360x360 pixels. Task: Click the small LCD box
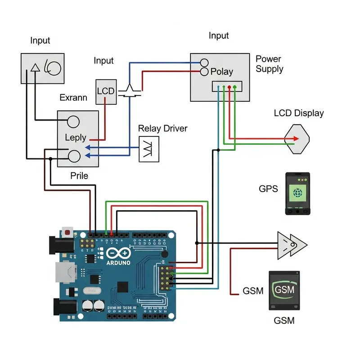[106, 91]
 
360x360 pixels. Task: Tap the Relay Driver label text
[162, 129]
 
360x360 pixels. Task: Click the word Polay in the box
[222, 72]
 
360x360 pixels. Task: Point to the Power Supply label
[269, 64]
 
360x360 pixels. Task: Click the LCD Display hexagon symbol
[297, 139]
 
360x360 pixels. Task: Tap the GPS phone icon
[297, 193]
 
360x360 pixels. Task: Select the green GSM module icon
[284, 290]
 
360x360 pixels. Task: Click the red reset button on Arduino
[67, 233]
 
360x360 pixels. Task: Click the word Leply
[75, 137]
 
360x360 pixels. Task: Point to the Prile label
[79, 175]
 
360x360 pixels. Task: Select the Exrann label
[73, 98]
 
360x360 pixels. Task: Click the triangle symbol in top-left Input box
[35, 68]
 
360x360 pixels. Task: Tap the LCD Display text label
[298, 113]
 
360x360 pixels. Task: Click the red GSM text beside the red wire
[253, 291]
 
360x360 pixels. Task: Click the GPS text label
[269, 189]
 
